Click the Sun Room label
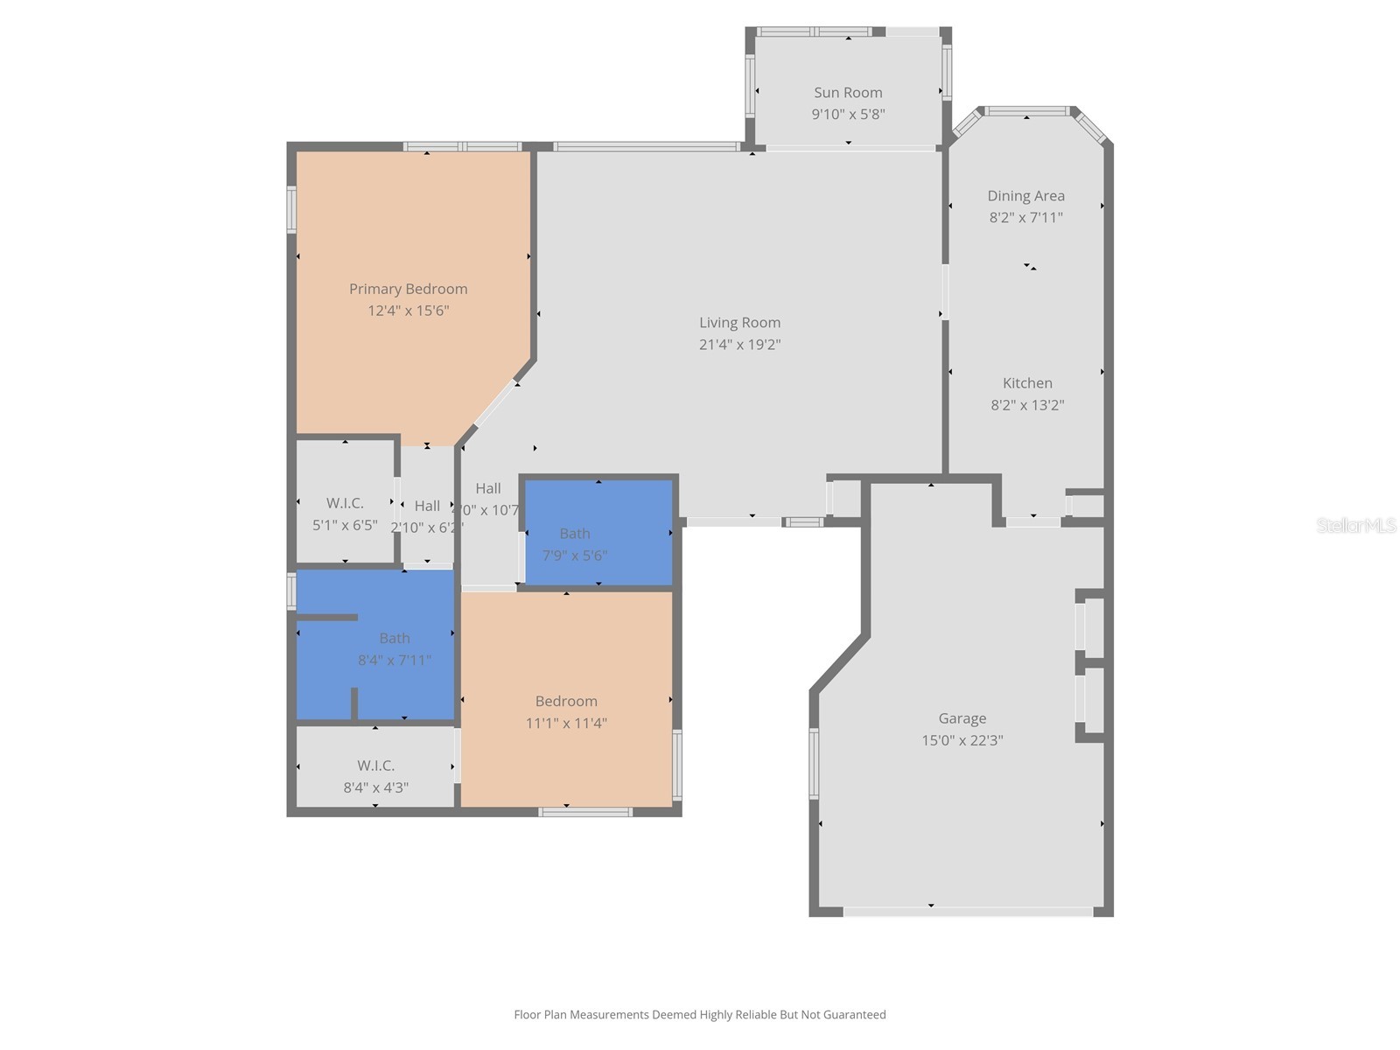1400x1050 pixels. coord(848,93)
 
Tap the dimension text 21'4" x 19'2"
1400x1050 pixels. coord(739,345)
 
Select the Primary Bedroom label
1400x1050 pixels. coord(408,289)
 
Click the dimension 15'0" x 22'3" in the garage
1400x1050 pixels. coord(962,740)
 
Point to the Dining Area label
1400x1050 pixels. coord(1025,196)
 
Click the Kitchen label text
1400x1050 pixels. coord(1027,383)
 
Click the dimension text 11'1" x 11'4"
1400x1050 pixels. coord(566,723)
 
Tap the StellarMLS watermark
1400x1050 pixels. coord(1355,525)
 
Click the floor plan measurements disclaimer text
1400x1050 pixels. coord(699,1015)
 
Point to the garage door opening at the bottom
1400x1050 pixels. coord(968,912)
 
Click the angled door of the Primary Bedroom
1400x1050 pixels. coord(495,403)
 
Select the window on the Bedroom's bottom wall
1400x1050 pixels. coord(584,812)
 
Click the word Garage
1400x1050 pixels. coord(962,718)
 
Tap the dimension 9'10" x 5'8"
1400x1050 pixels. coord(848,114)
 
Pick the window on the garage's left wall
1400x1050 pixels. coord(814,763)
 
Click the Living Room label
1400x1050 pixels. coord(739,323)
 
